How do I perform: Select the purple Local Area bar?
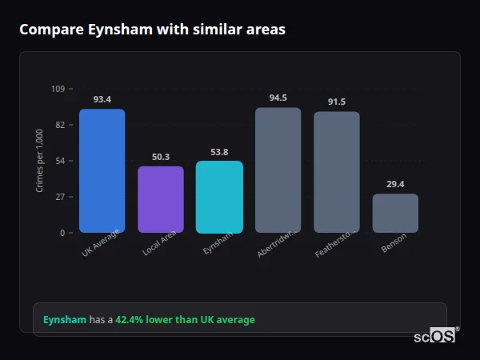160,199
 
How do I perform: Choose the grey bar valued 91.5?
336,172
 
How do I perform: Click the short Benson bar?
395,213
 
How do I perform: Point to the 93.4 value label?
102,99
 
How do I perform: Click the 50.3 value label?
160,157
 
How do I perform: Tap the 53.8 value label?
219,152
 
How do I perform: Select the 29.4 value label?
395,184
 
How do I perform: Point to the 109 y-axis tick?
58,89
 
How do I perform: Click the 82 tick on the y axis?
60,125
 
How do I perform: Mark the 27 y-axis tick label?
60,197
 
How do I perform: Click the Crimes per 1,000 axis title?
39,160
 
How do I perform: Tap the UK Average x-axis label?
101,243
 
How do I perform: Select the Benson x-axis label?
394,242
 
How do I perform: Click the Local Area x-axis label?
159,243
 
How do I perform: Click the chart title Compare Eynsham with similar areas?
152,30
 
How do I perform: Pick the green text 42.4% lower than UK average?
185,320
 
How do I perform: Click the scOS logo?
434,336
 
